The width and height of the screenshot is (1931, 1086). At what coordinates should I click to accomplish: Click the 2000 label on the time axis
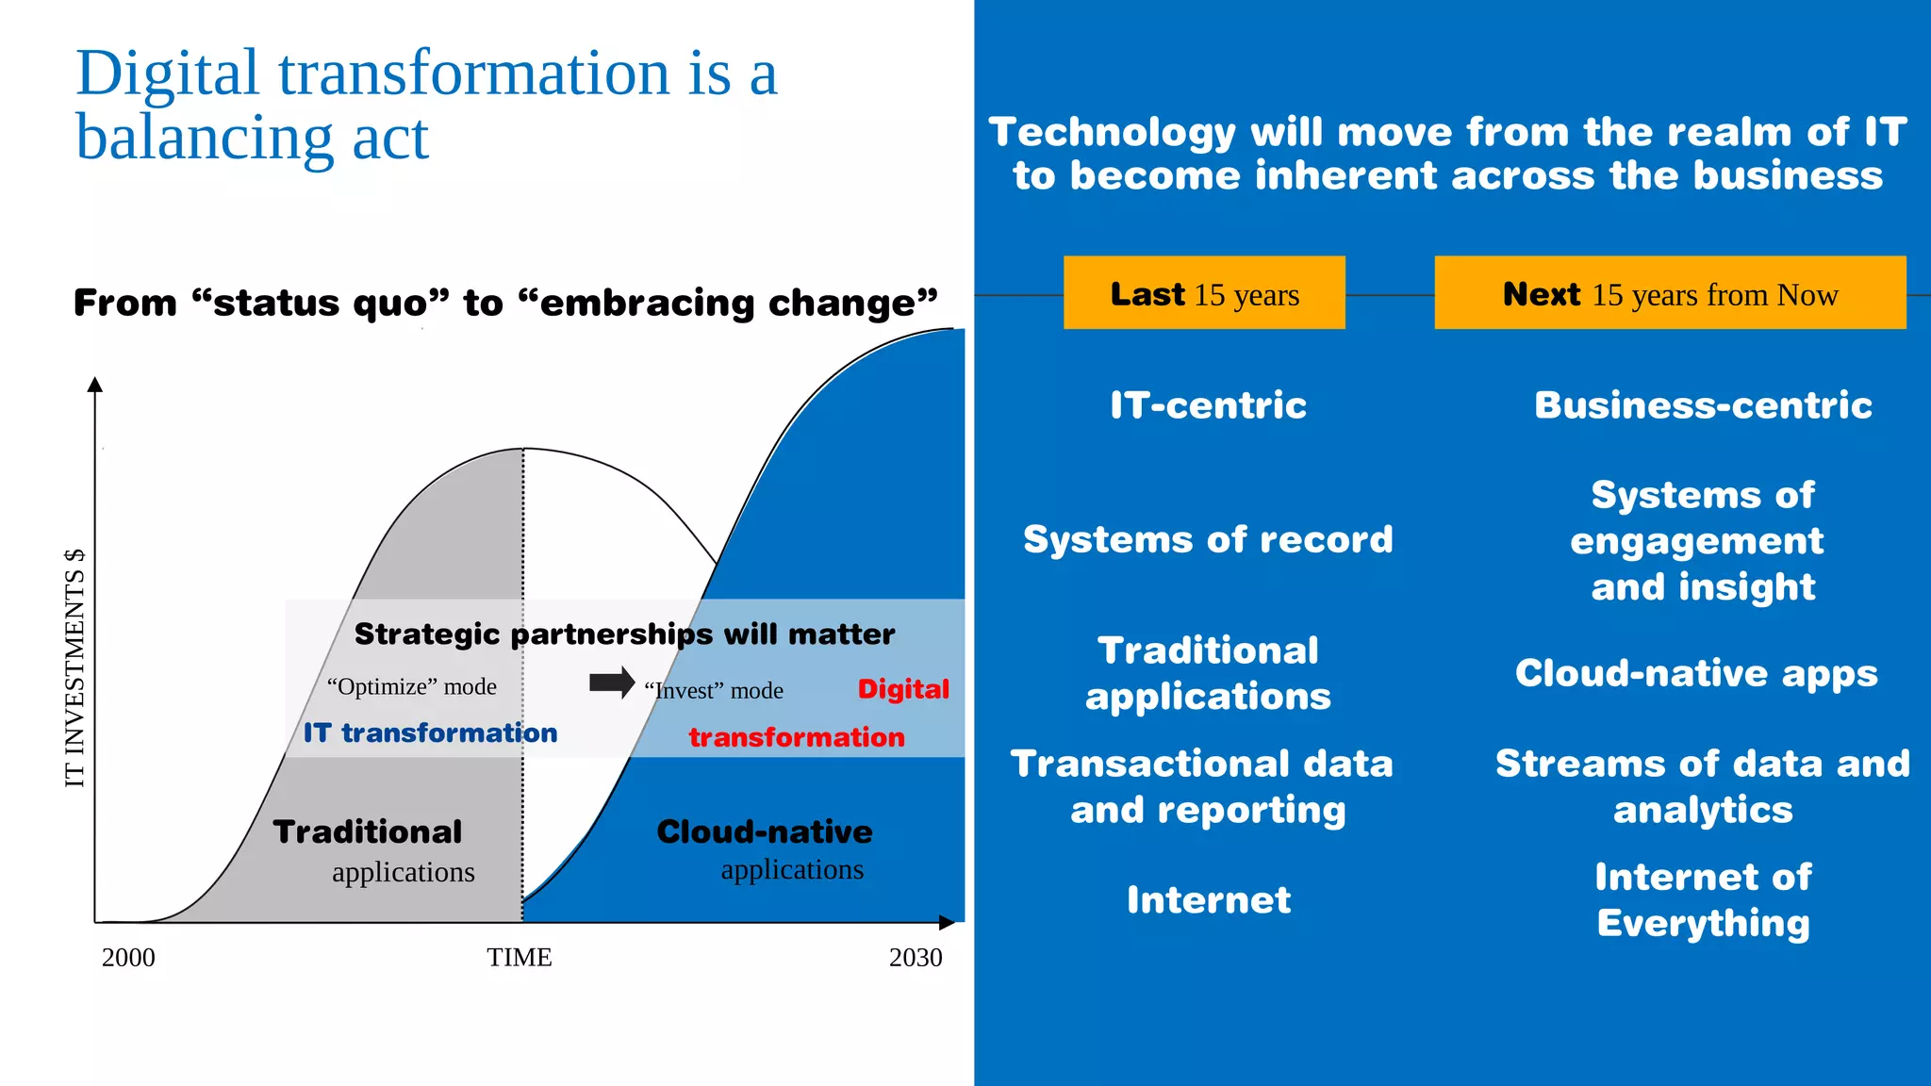pyautogui.click(x=128, y=958)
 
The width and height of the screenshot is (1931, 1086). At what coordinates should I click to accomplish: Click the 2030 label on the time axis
pyautogui.click(x=916, y=958)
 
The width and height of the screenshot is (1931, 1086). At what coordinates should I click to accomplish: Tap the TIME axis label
pyautogui.click(x=520, y=958)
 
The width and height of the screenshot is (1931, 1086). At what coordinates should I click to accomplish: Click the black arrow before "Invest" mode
pyautogui.click(x=612, y=683)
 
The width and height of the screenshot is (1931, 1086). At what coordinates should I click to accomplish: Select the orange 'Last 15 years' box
pyautogui.click(x=1204, y=293)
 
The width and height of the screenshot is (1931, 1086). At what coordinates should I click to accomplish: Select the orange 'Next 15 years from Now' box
pyautogui.click(x=1670, y=293)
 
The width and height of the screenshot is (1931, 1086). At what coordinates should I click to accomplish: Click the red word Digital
pyautogui.click(x=903, y=689)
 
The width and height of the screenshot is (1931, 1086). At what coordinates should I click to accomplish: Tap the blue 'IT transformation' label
pyautogui.click(x=430, y=732)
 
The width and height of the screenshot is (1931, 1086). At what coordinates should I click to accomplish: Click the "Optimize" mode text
pyautogui.click(x=412, y=686)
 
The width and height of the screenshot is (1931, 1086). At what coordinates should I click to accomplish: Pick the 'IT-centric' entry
pyautogui.click(x=1208, y=405)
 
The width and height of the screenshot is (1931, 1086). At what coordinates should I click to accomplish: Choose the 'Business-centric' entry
pyautogui.click(x=1703, y=405)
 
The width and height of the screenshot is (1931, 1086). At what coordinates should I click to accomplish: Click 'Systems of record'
pyautogui.click(x=1208, y=539)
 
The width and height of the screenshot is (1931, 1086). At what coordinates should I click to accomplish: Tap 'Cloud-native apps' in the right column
pyautogui.click(x=1696, y=673)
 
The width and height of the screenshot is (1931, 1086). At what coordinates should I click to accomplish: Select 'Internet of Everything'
pyautogui.click(x=1703, y=900)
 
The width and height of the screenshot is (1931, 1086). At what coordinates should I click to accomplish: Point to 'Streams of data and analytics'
pyautogui.click(x=1703, y=786)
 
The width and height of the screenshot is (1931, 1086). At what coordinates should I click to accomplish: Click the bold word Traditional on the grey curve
pyautogui.click(x=368, y=831)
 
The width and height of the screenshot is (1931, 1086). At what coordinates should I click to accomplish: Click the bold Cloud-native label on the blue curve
pyautogui.click(x=765, y=831)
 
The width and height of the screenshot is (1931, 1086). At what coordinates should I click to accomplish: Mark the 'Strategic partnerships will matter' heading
pyautogui.click(x=624, y=633)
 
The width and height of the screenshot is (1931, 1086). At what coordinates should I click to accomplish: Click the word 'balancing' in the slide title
pyautogui.click(x=204, y=138)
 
